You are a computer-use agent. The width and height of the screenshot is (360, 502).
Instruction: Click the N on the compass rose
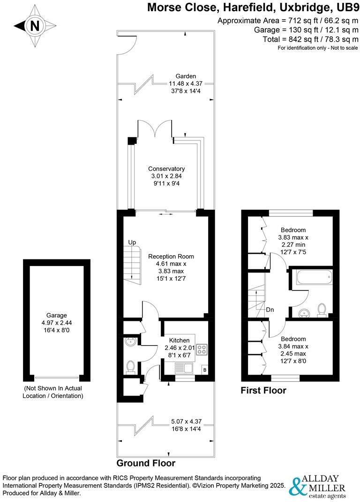(x=35, y=27)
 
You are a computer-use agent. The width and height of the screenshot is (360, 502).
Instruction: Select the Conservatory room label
(x=166, y=169)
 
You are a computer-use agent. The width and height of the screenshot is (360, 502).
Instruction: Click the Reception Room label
(x=171, y=257)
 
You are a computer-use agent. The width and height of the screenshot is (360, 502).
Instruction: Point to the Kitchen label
(x=180, y=340)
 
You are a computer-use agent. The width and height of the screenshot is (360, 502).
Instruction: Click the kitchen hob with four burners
(x=203, y=349)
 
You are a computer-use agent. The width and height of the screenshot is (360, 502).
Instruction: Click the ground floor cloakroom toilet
(x=131, y=366)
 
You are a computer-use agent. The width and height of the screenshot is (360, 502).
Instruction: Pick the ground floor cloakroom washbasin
(x=130, y=342)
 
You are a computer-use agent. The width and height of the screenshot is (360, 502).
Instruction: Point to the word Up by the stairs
(x=132, y=243)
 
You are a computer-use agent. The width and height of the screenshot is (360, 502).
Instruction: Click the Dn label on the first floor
(x=270, y=310)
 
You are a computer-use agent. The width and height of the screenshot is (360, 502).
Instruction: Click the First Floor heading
(x=263, y=391)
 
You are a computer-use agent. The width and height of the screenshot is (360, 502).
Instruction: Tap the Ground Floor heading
(x=146, y=464)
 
